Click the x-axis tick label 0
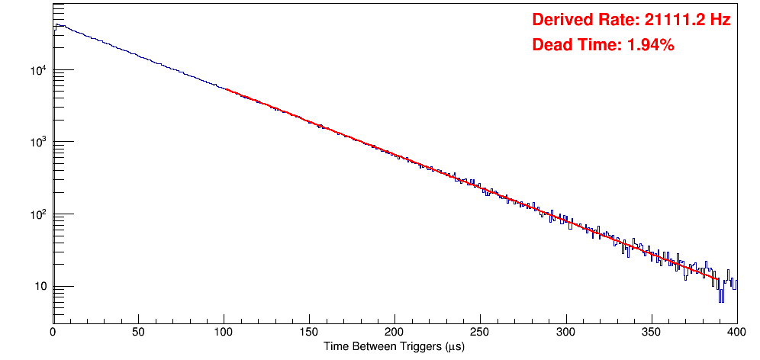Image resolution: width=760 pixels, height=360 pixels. click(x=53, y=333)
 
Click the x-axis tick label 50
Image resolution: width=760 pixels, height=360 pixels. click(x=138, y=333)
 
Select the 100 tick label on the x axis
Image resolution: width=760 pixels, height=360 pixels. click(x=224, y=333)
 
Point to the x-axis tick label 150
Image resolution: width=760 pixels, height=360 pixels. click(x=309, y=333)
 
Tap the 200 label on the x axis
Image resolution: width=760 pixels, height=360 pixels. click(x=394, y=333)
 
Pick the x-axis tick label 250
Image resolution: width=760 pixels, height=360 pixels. click(x=480, y=333)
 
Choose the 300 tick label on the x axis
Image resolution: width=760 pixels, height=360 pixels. click(x=566, y=333)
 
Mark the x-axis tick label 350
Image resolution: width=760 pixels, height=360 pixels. click(x=652, y=333)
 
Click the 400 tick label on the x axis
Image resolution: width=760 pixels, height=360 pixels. click(x=736, y=333)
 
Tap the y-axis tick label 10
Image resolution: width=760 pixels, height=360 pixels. click(x=38, y=287)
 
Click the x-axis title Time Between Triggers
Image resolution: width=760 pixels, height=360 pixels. click(x=394, y=346)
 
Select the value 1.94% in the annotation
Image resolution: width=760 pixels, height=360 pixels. click(x=651, y=45)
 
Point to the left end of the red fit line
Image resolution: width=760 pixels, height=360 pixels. click(x=227, y=89)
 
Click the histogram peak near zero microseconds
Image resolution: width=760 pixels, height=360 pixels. click(x=56, y=24)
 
